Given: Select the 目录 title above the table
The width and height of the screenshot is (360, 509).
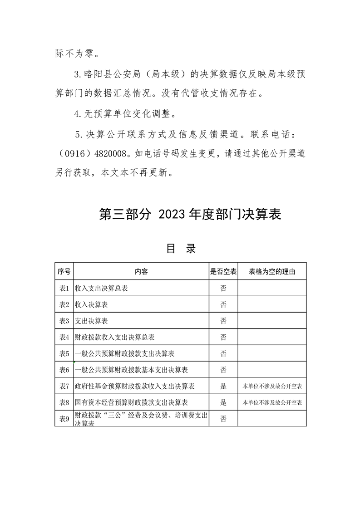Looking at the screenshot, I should pos(181,249).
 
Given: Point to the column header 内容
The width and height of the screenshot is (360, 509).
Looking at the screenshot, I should pos(141,271).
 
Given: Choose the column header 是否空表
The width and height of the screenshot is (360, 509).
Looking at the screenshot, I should pos(223,271).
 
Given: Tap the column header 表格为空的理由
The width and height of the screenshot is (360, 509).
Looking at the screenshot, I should pos(272,271).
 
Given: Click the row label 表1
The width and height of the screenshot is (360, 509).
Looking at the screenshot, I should pos(64,288).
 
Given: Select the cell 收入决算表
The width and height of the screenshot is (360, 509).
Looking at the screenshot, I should pos(91,304).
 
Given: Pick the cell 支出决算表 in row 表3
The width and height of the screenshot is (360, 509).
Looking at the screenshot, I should pos(91,321).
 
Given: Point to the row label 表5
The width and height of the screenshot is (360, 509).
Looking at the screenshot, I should pos(64,353).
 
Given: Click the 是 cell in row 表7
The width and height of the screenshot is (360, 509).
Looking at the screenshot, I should pos(223,386).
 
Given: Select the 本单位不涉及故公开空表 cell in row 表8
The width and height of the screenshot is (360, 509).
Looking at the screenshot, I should pos(272,402).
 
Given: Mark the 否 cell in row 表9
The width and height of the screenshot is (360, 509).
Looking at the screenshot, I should pos(223,419).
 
